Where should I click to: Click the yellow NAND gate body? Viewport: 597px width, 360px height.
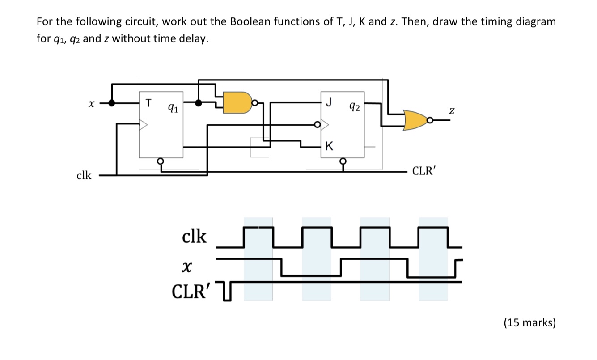237,102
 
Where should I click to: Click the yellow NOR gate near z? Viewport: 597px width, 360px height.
415,120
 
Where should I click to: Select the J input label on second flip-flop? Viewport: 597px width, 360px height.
329,102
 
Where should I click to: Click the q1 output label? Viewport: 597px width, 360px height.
171,107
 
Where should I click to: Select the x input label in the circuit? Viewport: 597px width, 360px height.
91,103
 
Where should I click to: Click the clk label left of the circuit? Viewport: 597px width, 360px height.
84,175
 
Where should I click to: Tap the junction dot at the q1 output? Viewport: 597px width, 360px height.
199,102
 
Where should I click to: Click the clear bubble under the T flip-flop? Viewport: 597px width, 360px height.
161,161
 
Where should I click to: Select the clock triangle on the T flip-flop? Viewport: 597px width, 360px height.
144,125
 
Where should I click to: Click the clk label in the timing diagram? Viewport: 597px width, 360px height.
195,237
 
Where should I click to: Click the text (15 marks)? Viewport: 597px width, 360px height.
529,322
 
